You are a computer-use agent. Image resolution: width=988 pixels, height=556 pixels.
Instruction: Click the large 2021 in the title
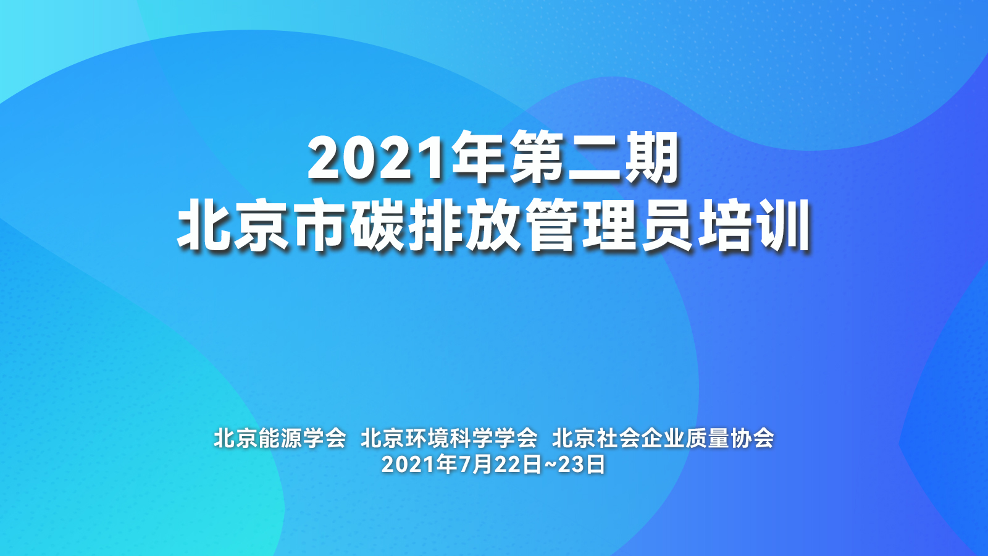pyautogui.click(x=380, y=157)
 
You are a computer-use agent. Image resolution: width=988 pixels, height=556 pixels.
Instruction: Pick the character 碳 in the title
pyautogui.click(x=377, y=225)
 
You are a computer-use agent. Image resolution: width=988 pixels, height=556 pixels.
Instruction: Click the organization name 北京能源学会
pyautogui.click(x=280, y=438)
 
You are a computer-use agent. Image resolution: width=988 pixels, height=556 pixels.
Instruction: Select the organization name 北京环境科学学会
pyautogui.click(x=449, y=438)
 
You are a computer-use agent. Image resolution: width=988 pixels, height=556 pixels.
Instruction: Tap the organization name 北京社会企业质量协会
pyautogui.click(x=663, y=438)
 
